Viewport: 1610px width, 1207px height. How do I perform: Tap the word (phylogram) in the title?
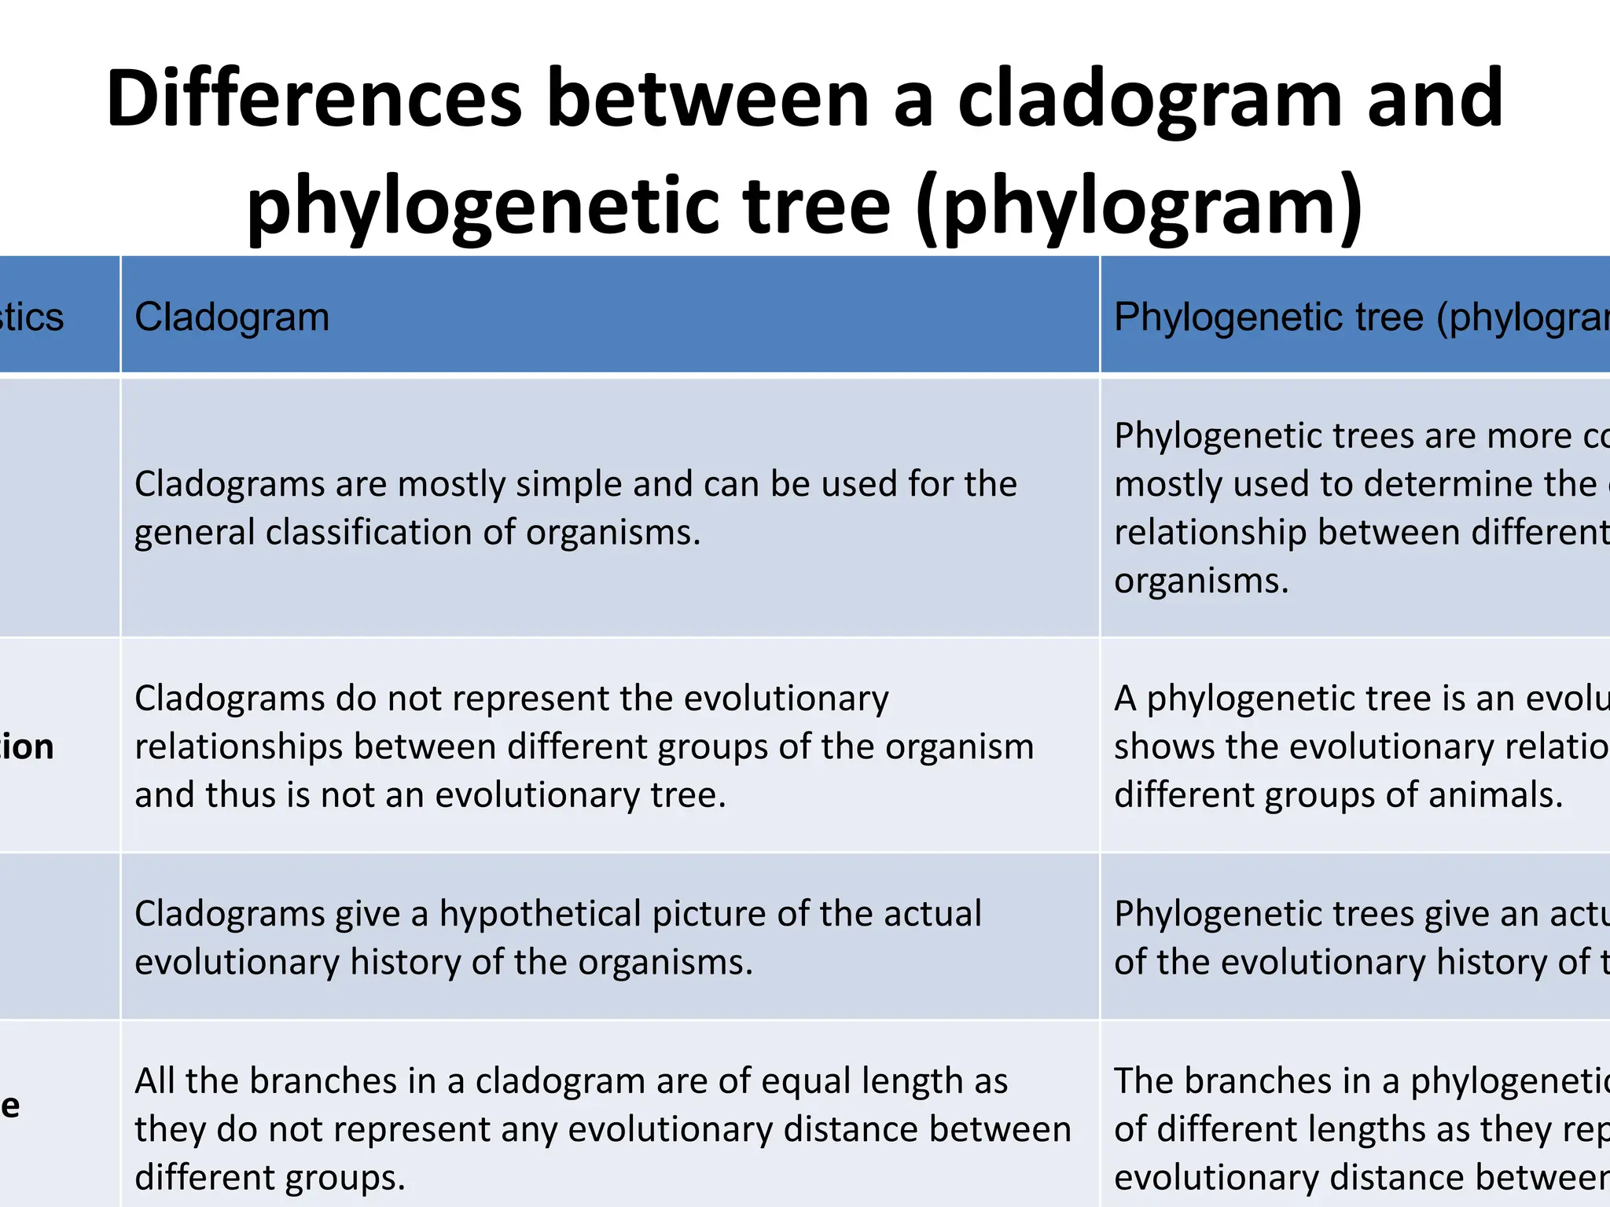tap(1140, 206)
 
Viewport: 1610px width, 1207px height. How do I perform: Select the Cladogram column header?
tap(232, 317)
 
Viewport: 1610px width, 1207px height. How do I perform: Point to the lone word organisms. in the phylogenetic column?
tap(1201, 581)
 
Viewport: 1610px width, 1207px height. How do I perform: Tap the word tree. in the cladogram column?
tap(688, 795)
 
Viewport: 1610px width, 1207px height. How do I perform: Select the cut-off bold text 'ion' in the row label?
tap(28, 747)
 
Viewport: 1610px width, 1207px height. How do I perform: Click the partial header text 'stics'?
tap(31, 317)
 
